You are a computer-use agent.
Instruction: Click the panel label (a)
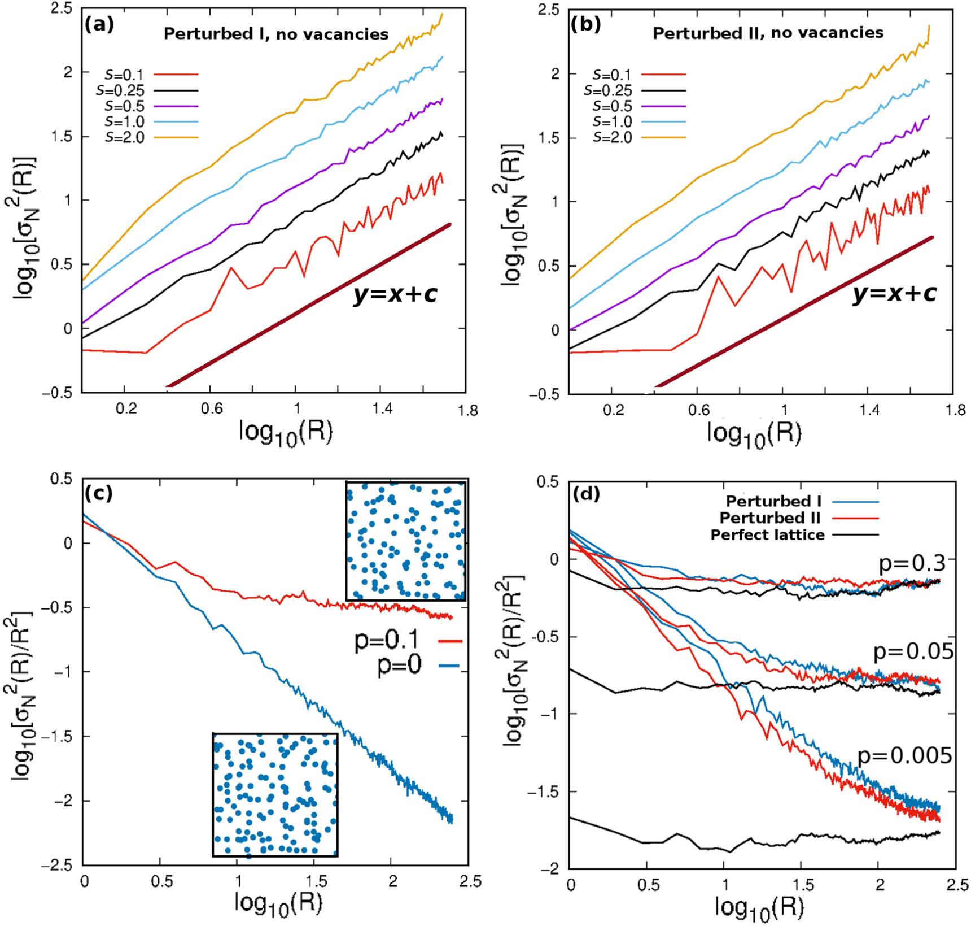click(x=99, y=25)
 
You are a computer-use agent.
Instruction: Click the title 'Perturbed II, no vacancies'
click(x=768, y=33)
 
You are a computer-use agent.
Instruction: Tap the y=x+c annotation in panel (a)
click(x=395, y=294)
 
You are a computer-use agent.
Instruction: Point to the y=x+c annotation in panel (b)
click(x=894, y=293)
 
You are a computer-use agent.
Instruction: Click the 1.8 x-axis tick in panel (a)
click(x=468, y=410)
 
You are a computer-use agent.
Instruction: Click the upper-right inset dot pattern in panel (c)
click(x=406, y=541)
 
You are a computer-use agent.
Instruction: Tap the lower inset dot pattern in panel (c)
click(x=275, y=794)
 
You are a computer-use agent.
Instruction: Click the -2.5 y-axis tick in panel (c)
click(x=57, y=866)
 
